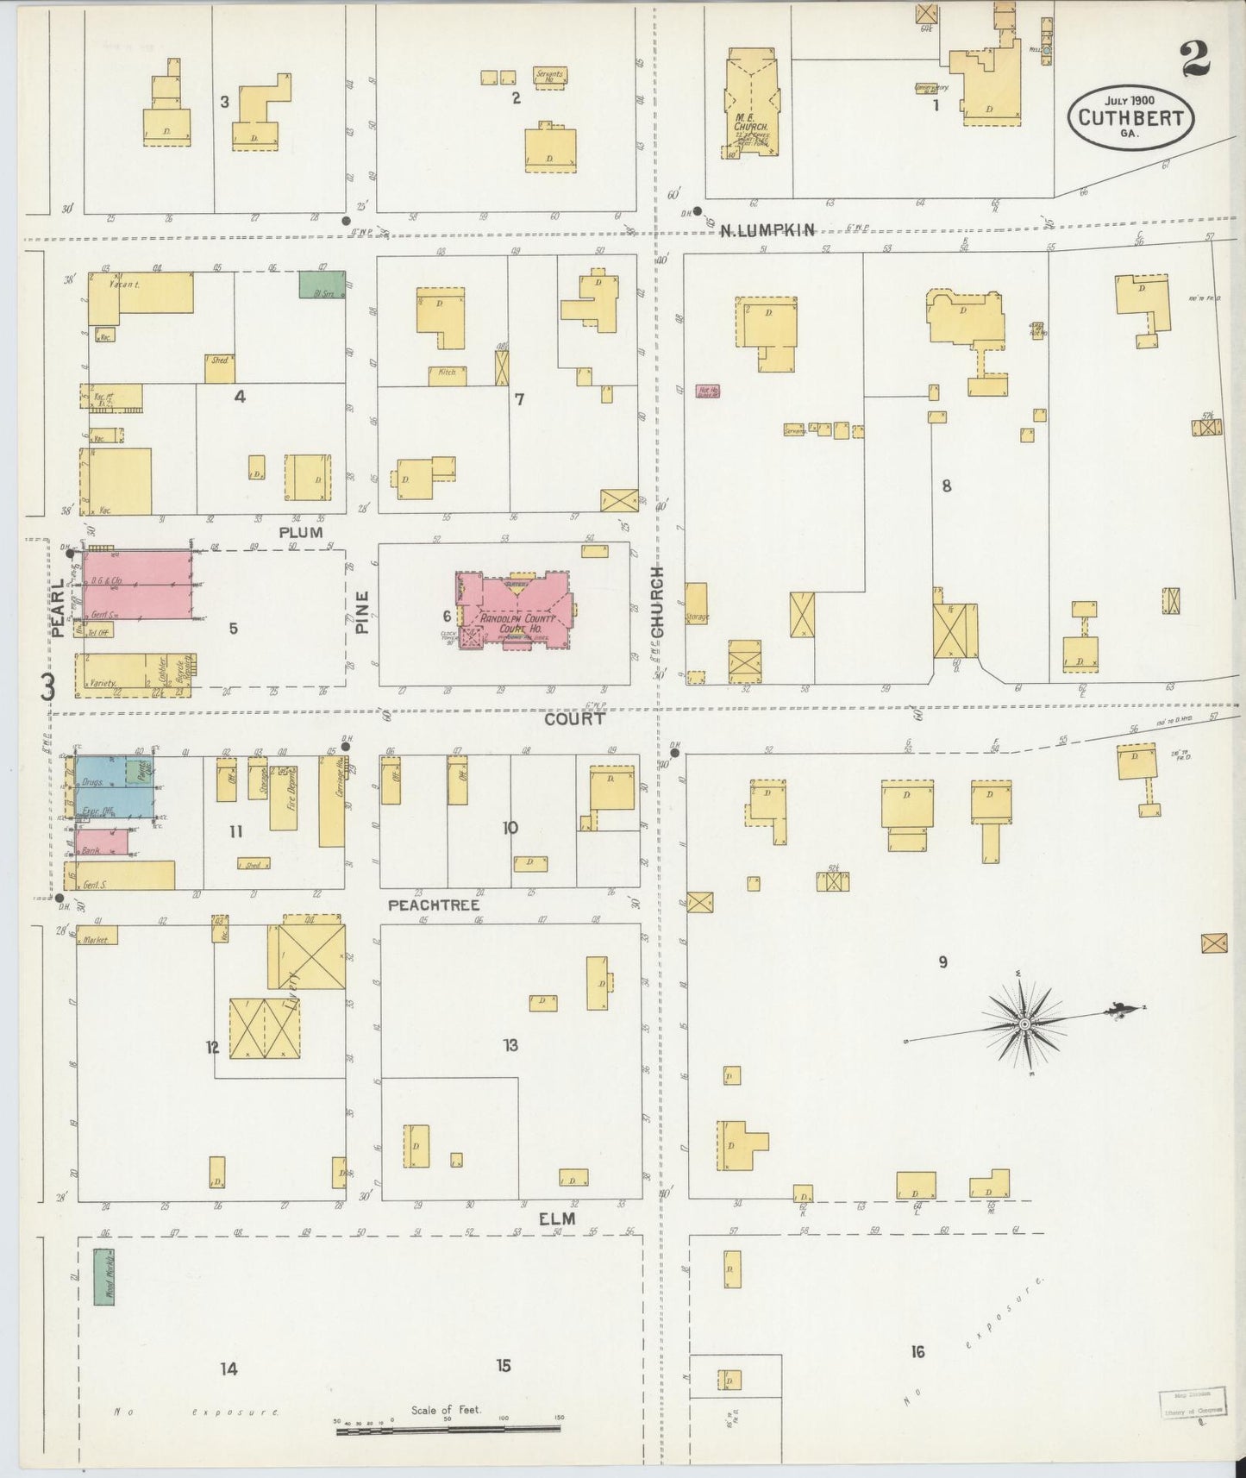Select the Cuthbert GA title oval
1130,117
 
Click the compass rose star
1024,1024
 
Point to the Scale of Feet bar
448,1430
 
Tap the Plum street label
301,532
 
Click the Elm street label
557,1218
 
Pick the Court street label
574,717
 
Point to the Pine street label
362,611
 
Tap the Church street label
658,603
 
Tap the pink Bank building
101,842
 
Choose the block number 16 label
917,1351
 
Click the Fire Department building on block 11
284,797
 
